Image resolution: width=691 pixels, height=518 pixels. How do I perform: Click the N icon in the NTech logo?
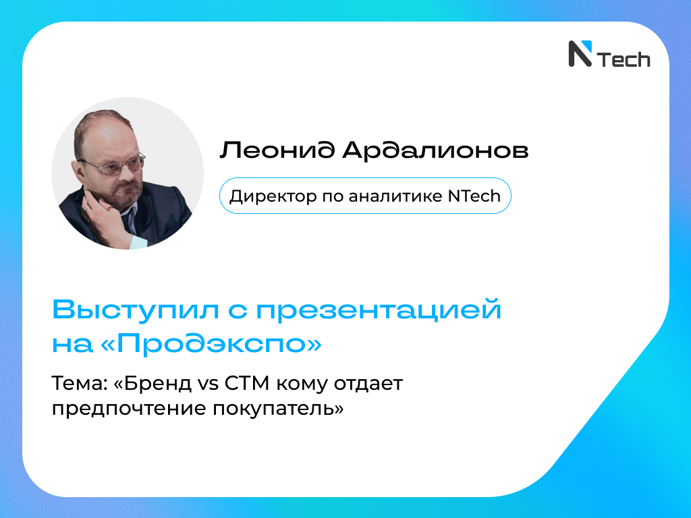click(580, 54)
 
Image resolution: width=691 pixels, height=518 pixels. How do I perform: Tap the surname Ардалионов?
click(435, 150)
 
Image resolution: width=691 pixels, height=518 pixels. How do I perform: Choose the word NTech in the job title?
click(474, 196)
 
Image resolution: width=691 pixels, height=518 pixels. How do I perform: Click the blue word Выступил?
click(136, 310)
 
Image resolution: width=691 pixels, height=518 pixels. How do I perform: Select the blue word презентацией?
click(379, 310)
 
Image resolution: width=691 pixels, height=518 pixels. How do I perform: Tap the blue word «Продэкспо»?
click(211, 344)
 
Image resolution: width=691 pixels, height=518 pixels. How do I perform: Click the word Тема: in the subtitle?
click(80, 384)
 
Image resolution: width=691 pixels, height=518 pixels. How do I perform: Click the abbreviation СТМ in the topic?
click(247, 384)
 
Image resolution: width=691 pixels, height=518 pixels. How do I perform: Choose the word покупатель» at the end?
click(278, 409)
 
